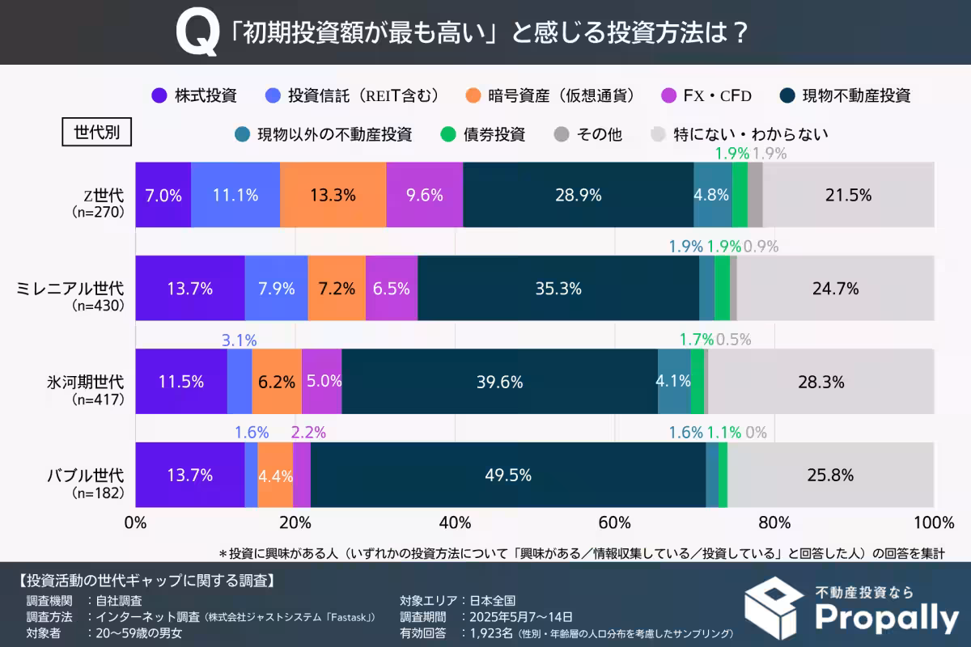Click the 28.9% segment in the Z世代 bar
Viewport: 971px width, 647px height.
[x=578, y=195]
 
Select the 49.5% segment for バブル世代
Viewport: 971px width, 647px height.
[x=507, y=476]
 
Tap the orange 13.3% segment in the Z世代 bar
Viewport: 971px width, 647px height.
[x=333, y=195]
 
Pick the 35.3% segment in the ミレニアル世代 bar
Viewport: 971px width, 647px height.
[x=558, y=288]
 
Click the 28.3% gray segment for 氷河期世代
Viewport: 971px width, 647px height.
[x=820, y=382]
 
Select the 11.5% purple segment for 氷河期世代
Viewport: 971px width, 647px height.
[x=180, y=382]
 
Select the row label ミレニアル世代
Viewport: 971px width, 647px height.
[x=71, y=288]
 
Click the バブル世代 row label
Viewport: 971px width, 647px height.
[x=84, y=476]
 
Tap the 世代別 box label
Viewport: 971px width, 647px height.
[x=96, y=132]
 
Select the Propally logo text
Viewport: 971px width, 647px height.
[x=885, y=620]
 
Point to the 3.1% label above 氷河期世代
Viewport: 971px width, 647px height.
[x=239, y=340]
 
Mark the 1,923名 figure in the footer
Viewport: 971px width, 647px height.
[x=491, y=633]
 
